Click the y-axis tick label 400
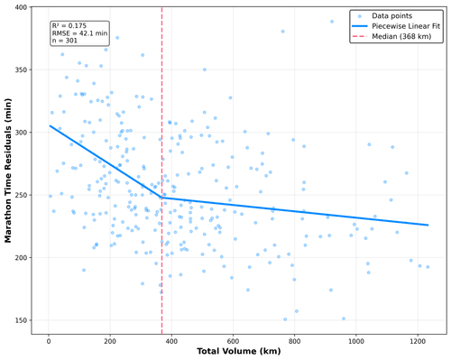pyautogui.click(x=21, y=7)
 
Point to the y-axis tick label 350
pyautogui.click(x=21, y=69)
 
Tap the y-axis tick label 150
pyautogui.click(x=21, y=320)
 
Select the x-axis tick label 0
pyautogui.click(x=49, y=341)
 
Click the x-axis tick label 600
pyautogui.click(x=233, y=341)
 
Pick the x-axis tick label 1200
pyautogui.click(x=418, y=341)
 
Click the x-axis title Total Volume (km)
pyautogui.click(x=239, y=351)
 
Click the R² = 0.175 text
pyautogui.click(x=69, y=26)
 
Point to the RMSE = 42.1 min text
pyautogui.click(x=79, y=33)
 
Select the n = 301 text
pyautogui.click(x=65, y=41)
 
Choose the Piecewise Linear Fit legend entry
pyautogui.click(x=396, y=26)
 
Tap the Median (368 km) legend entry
pyautogui.click(x=391, y=36)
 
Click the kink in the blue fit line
pyautogui.click(x=162, y=198)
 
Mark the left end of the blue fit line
pyautogui.click(x=50, y=125)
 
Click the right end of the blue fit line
pyautogui.click(x=428, y=225)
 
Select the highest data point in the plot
pyautogui.click(x=332, y=22)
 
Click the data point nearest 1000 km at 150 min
pyautogui.click(x=344, y=318)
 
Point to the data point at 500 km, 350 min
pyautogui.click(x=205, y=69)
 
